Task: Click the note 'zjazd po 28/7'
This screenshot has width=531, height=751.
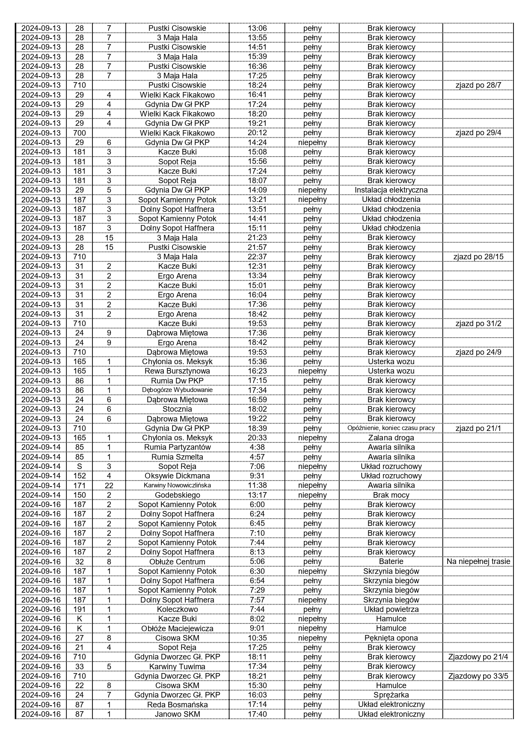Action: (x=478, y=85)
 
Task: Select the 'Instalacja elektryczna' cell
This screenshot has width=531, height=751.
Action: (x=391, y=190)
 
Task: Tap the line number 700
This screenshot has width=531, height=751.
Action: (x=80, y=133)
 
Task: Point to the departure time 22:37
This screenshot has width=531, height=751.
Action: (x=257, y=257)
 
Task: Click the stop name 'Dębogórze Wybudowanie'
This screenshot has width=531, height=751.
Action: (x=177, y=390)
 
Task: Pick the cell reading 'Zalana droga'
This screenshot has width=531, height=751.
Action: (x=391, y=438)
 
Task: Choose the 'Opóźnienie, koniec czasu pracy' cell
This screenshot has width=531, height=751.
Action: (x=391, y=428)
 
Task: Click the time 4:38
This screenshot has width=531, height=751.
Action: (x=257, y=447)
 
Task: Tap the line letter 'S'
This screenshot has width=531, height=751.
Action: (x=80, y=466)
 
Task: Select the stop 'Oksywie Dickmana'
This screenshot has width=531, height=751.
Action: (x=177, y=476)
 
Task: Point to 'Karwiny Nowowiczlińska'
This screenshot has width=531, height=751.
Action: (x=177, y=485)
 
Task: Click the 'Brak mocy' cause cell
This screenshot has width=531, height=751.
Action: (x=391, y=495)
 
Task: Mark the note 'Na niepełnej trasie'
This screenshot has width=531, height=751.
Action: (x=478, y=561)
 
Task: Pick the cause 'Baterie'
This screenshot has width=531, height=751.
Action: (x=391, y=561)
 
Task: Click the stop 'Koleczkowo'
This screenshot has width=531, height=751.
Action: (x=177, y=609)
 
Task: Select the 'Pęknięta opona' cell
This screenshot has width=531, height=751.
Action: (x=391, y=638)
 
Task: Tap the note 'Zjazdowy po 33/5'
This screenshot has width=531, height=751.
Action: (x=478, y=676)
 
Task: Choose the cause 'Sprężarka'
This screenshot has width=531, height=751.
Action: (x=391, y=695)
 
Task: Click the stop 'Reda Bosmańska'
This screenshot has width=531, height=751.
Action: (x=177, y=705)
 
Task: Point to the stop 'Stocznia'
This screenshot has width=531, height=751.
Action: (x=177, y=409)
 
